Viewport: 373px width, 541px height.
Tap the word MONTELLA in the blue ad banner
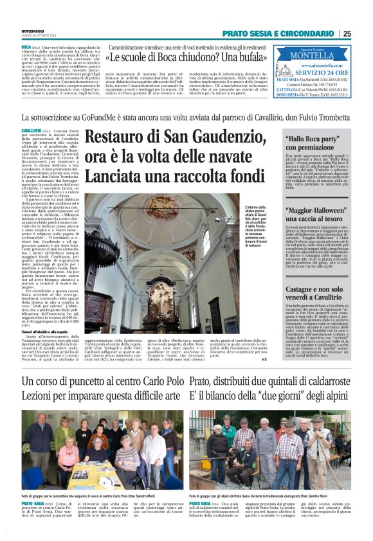pyautogui.click(x=319, y=56)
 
